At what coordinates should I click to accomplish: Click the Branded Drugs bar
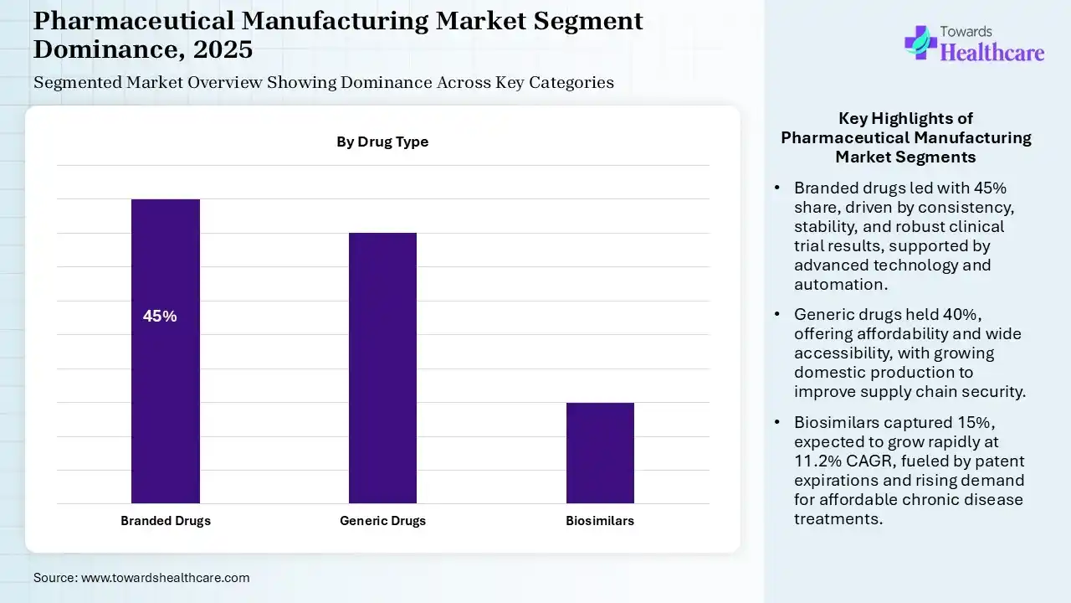point(166,351)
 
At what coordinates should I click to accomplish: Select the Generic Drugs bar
point(382,368)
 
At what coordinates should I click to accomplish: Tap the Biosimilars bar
point(600,452)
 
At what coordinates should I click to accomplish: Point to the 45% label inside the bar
point(160,317)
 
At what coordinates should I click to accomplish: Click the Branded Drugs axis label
point(166,521)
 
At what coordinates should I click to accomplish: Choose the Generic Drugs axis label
point(382,521)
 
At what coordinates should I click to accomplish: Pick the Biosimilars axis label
point(600,521)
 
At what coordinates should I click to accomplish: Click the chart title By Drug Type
point(382,142)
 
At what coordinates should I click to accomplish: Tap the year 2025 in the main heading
point(223,49)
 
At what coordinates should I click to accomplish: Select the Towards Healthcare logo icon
point(920,42)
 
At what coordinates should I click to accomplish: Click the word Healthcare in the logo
point(992,53)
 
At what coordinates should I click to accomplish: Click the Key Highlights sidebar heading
point(906,137)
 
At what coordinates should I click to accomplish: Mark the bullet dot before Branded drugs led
point(778,188)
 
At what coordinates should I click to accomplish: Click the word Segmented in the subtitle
point(77,83)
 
